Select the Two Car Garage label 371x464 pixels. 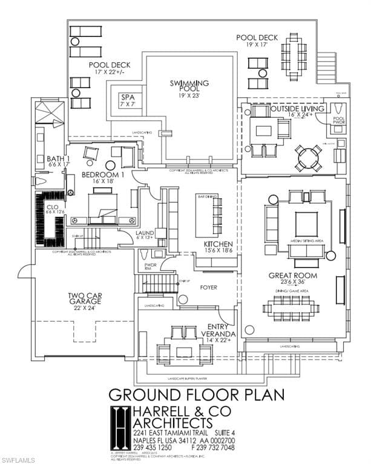(85, 301)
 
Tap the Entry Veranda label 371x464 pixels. (218, 330)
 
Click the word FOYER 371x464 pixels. (208, 288)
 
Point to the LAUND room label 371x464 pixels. (145, 236)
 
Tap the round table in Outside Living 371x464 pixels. (307, 158)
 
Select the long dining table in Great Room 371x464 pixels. (291, 308)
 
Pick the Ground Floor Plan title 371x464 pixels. (196, 395)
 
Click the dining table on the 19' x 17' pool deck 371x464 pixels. (294, 53)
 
